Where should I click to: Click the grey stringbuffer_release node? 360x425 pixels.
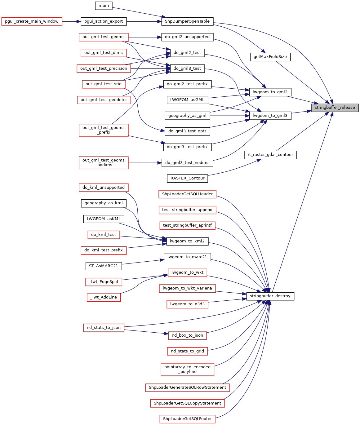coord(335,108)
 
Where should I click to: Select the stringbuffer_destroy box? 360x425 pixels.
coord(270,296)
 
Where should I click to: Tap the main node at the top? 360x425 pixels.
coord(104,6)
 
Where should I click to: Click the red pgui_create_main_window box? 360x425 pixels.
coord(32,21)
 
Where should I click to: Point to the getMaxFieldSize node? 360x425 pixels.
coord(270,57)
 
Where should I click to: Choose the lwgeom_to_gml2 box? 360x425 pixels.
coord(270,92)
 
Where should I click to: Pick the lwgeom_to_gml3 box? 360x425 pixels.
coord(270,116)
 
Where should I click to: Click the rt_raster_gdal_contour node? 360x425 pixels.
coord(270,155)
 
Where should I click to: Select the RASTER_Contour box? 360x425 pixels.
coord(187,178)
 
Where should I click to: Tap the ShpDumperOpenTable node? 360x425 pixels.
coord(187,21)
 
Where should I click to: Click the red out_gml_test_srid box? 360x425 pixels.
coord(104,84)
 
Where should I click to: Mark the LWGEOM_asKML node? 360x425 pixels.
coord(104,219)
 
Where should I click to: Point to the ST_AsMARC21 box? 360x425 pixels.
coord(104,266)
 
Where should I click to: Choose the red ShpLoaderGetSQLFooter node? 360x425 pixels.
coord(187,419)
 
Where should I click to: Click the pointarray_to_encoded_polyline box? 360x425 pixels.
coord(187,369)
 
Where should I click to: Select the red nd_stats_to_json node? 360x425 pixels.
coord(104,328)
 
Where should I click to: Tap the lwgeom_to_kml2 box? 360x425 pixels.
coord(187,241)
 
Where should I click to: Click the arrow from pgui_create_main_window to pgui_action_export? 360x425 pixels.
coord(71,21)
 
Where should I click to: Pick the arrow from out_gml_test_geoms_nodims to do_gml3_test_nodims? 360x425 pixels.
coord(145,163)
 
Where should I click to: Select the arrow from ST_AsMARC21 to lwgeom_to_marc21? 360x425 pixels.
coord(143,262)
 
